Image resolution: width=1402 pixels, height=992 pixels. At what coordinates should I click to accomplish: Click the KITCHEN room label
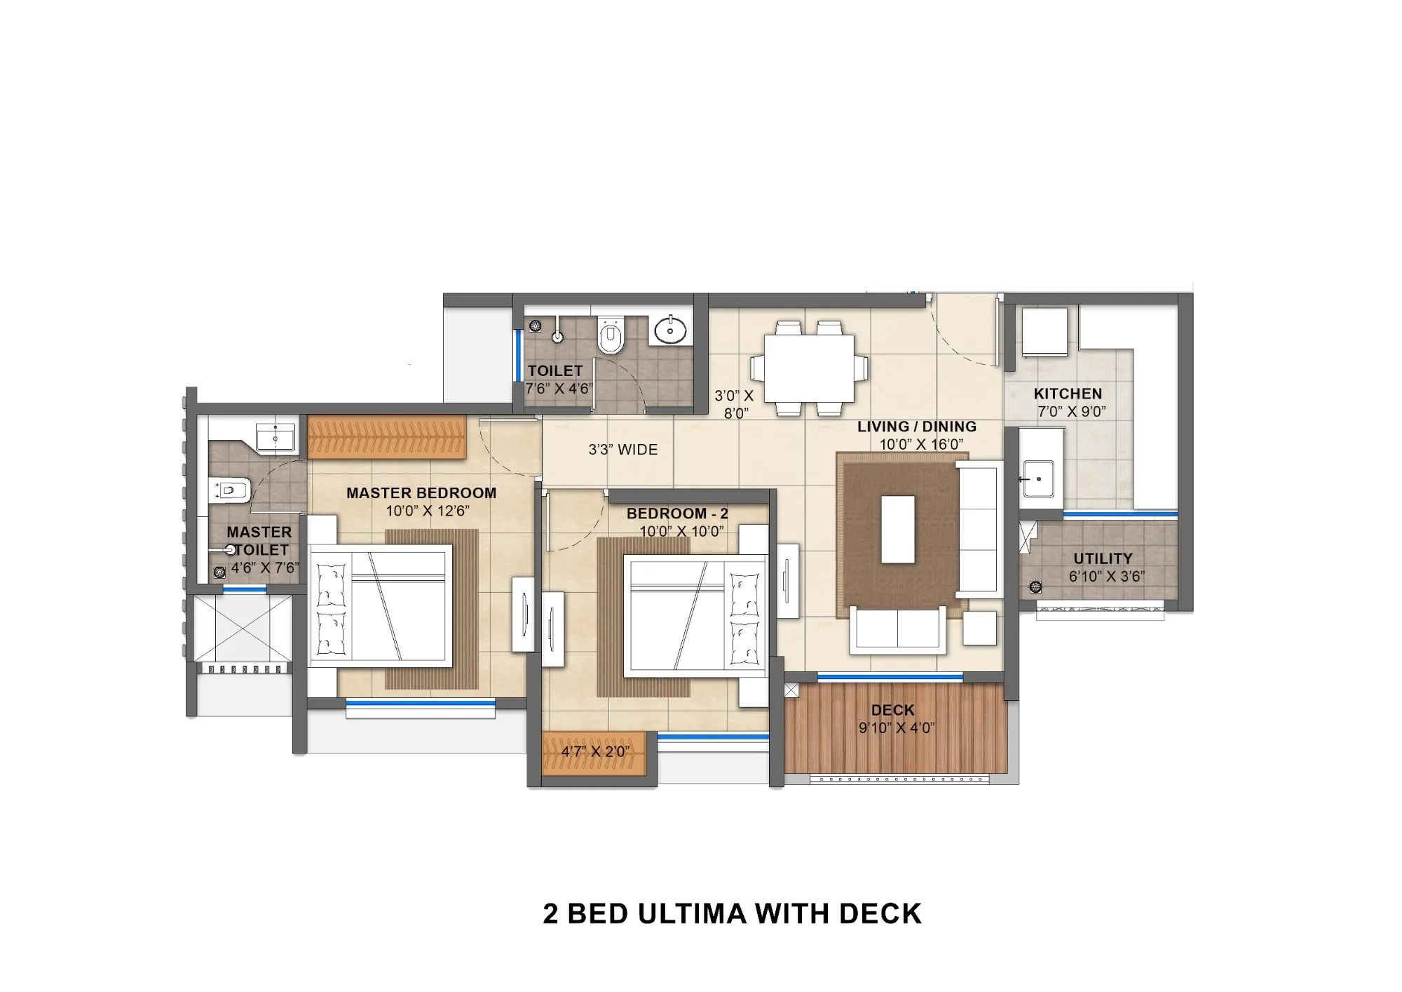coord(1068,394)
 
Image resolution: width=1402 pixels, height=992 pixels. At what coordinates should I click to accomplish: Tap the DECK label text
coord(892,710)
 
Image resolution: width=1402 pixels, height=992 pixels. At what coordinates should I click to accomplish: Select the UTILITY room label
coord(1103,558)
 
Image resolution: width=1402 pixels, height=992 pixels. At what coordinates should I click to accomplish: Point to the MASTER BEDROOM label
coord(421,493)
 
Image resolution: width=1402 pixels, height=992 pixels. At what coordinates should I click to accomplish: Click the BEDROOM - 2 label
coord(677,514)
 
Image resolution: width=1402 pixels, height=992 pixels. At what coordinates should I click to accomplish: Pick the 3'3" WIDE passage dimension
coord(622,450)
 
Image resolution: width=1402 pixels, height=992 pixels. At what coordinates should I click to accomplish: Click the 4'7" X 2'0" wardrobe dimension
coord(595,751)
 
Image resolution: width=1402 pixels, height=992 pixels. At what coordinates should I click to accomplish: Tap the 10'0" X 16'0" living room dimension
coord(921,444)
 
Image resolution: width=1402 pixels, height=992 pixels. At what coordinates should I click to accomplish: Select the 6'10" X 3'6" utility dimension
coord(1106,577)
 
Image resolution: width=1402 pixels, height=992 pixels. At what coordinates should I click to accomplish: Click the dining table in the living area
coord(809,368)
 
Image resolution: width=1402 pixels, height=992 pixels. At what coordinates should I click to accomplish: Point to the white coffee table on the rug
coord(898,529)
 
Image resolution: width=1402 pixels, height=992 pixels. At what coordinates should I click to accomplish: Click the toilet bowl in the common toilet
coord(611,336)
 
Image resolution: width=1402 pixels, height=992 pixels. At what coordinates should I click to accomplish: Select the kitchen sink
coord(1037,479)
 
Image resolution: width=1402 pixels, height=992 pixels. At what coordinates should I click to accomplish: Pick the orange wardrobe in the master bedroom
coord(386,437)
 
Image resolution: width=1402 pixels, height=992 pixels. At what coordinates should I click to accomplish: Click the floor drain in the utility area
coord(1035,587)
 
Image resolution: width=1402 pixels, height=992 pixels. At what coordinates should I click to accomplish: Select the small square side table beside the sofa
coord(979,628)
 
